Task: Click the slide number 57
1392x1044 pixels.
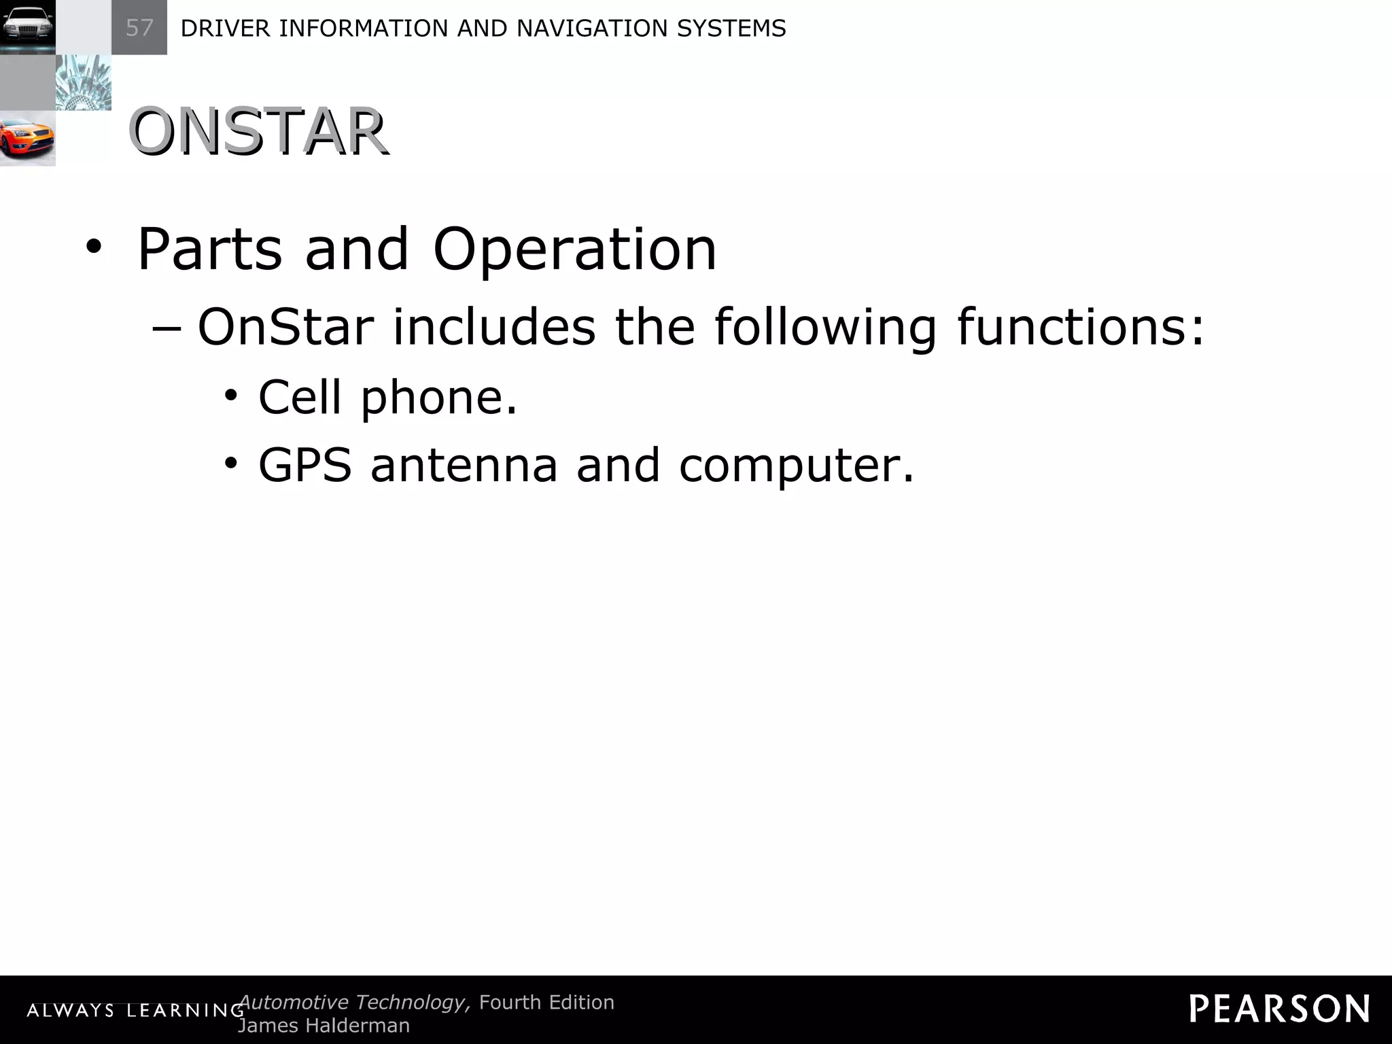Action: coord(139,28)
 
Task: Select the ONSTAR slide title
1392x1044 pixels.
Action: coord(258,132)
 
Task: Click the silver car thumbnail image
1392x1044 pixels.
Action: coord(27,27)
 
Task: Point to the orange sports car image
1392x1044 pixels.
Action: coord(27,138)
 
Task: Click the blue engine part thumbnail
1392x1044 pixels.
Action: coord(83,82)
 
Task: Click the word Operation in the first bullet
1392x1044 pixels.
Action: coord(574,249)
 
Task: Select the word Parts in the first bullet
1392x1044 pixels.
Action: coord(209,249)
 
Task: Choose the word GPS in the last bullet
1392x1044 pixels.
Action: coord(305,466)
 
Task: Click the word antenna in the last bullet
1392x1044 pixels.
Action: coord(464,466)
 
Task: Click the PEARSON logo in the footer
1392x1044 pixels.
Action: coord(1278,1009)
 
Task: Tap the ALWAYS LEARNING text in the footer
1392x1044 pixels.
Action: coord(135,1011)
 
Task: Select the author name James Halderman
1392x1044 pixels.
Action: coord(324,1026)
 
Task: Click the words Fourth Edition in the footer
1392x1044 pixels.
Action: coord(546,1002)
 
